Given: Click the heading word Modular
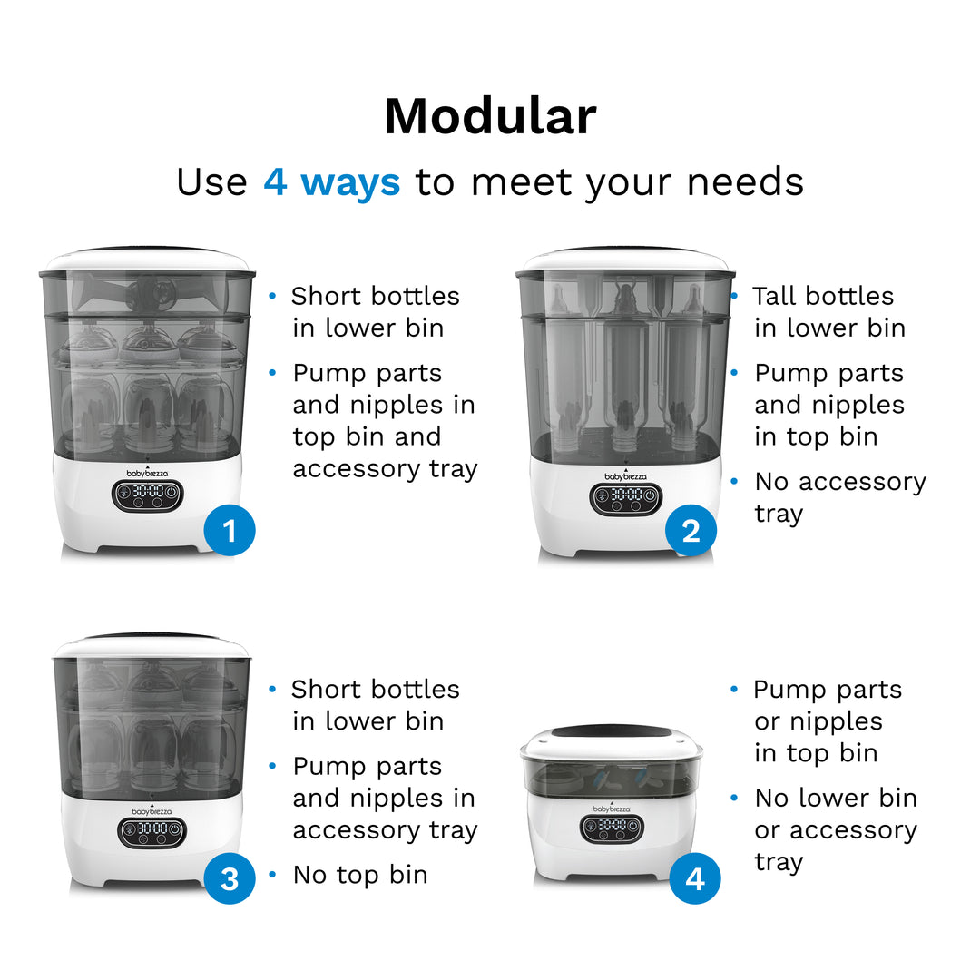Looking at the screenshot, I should click(x=490, y=117).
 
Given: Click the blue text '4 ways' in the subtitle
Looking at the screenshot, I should click(x=331, y=181).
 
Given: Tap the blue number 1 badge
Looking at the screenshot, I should click(x=229, y=530).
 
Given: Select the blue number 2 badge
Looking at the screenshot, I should click(x=691, y=531).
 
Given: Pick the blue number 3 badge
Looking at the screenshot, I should click(x=229, y=878).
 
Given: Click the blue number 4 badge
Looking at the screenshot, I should click(x=694, y=878).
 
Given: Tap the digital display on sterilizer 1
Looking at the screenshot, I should click(x=148, y=495).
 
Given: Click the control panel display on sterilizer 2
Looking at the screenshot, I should click(x=626, y=496).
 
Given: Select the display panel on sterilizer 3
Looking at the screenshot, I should click(x=152, y=831).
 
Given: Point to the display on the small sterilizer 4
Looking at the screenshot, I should click(x=612, y=827).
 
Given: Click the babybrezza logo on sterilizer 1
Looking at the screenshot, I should click(x=148, y=472).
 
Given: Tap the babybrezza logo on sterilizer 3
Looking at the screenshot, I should click(x=152, y=810).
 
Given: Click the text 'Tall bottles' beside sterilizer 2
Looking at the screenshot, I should click(x=823, y=297).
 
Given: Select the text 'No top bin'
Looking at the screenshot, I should click(x=360, y=875).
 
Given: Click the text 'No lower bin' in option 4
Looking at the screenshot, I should click(x=835, y=799).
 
